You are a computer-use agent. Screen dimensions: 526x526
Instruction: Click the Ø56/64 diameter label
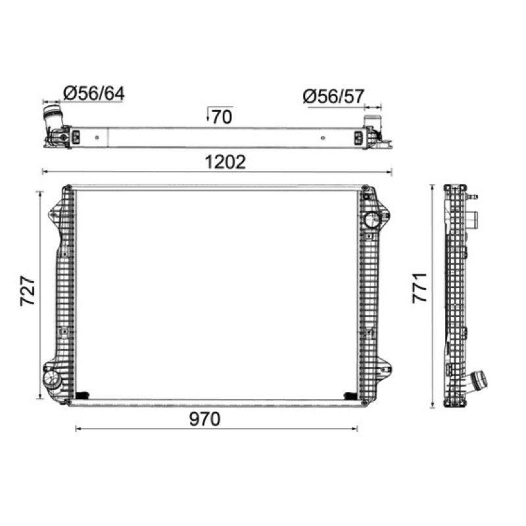click(x=93, y=93)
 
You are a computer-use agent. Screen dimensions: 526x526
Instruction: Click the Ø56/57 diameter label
click(x=333, y=97)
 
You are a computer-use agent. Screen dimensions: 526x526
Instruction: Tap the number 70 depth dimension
click(x=222, y=117)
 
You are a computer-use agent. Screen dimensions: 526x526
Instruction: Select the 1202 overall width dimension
click(x=225, y=162)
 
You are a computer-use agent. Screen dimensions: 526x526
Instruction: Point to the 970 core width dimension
click(x=204, y=419)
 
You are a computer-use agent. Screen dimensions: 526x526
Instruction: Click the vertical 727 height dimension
click(x=28, y=291)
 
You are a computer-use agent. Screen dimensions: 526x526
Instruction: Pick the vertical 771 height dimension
click(x=419, y=288)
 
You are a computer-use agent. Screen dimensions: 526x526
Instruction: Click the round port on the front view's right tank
click(x=372, y=220)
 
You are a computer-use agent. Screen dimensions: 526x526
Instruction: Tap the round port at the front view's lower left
click(x=51, y=379)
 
